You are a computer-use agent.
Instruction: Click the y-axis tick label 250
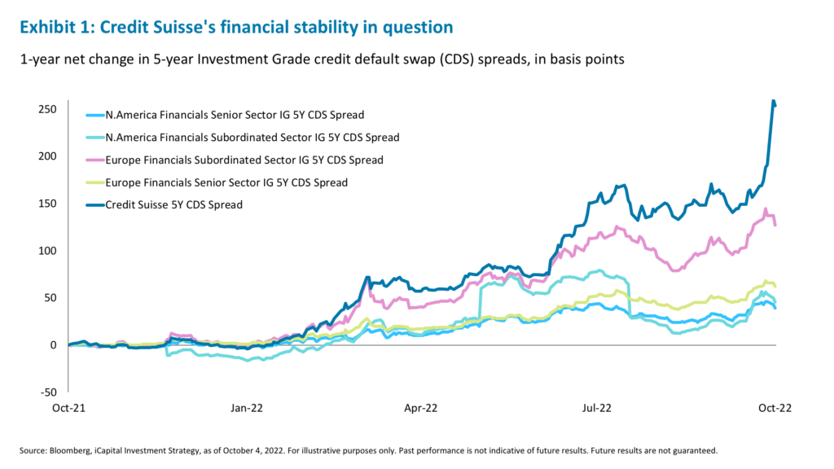pos(49,109)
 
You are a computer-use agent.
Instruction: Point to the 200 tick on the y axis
pos(49,156)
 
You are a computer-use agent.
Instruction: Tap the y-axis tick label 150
pos(49,204)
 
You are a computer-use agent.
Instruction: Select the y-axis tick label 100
pos(49,251)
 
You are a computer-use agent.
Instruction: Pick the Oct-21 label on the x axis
pos(68,408)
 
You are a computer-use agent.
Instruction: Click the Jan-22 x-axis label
pos(245,408)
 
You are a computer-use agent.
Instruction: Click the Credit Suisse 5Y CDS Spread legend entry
pos(173,205)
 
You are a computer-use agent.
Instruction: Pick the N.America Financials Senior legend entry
pos(235,114)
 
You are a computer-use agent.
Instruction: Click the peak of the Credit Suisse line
pos(772,101)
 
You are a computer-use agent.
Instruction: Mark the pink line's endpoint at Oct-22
pos(775,226)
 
